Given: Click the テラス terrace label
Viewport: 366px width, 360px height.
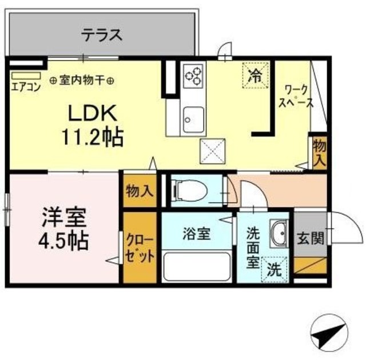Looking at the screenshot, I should click(101, 35).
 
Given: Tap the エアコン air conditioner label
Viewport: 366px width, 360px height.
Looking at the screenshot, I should click(25, 88).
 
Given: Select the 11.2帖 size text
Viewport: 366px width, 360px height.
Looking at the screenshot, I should click(94, 138).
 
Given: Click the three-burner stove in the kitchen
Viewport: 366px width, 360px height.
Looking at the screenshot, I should click(193, 75).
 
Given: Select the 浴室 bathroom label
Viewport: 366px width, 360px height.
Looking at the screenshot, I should click(197, 235).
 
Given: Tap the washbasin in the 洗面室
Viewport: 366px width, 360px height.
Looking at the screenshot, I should click(279, 233).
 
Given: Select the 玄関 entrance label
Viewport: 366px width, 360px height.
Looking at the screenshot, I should click(310, 238).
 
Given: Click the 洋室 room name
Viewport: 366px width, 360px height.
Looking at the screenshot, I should click(63, 218).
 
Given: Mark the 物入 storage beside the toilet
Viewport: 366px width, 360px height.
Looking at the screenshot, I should click(140, 189).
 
